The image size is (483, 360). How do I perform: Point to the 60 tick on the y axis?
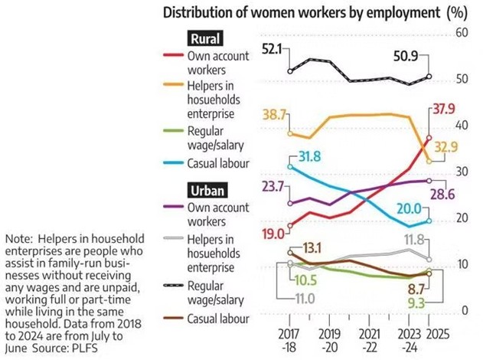(461, 33)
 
